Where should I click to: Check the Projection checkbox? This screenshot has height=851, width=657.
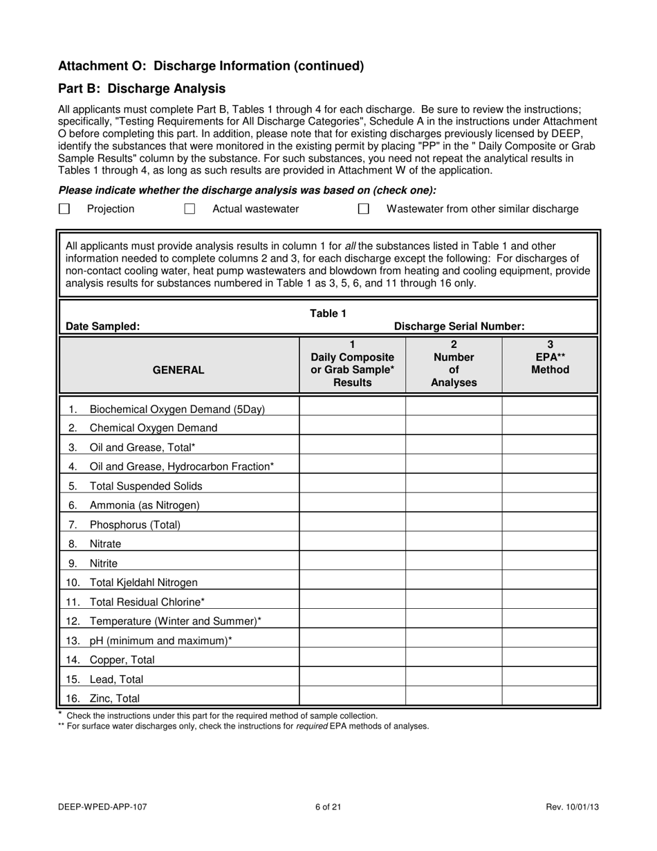[x=64, y=209]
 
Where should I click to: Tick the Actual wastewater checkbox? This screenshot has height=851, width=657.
[x=189, y=209]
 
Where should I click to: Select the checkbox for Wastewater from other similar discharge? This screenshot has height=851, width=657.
[x=363, y=209]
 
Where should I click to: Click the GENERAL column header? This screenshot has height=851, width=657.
[x=178, y=370]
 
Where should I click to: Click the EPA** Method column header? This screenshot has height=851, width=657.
[x=550, y=357]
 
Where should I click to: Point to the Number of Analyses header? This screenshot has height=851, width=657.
[x=454, y=364]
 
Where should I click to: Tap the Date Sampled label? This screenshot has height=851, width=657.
[x=102, y=327]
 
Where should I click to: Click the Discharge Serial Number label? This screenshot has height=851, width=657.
[x=459, y=327]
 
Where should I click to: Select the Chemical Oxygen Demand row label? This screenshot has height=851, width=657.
[x=153, y=428]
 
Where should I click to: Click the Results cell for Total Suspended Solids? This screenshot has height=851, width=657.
[x=352, y=486]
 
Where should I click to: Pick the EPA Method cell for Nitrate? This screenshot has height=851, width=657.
[x=550, y=544]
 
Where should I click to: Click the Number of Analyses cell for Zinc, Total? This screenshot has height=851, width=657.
[x=454, y=698]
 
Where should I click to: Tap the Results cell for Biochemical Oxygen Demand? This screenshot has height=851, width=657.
[x=352, y=409]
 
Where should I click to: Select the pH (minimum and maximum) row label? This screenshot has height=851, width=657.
[x=160, y=641]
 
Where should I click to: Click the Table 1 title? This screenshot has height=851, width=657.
[x=328, y=313]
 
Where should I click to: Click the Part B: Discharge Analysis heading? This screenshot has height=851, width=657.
[x=142, y=89]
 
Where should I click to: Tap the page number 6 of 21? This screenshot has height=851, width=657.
[x=328, y=807]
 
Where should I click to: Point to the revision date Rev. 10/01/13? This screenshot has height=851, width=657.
[x=572, y=807]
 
